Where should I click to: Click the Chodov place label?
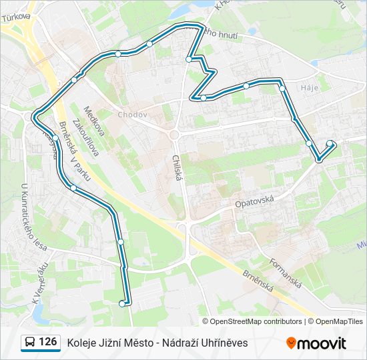point(132,115)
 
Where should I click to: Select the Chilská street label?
point(177,167)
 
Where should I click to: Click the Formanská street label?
point(286,273)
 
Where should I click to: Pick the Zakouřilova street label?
point(85,137)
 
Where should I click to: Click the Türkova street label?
point(16,16)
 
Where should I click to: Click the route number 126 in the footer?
point(47,342)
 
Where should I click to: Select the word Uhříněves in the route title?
point(226,343)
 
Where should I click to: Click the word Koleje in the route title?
point(81,343)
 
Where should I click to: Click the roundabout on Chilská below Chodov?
point(174,134)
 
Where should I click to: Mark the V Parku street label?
point(78,159)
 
